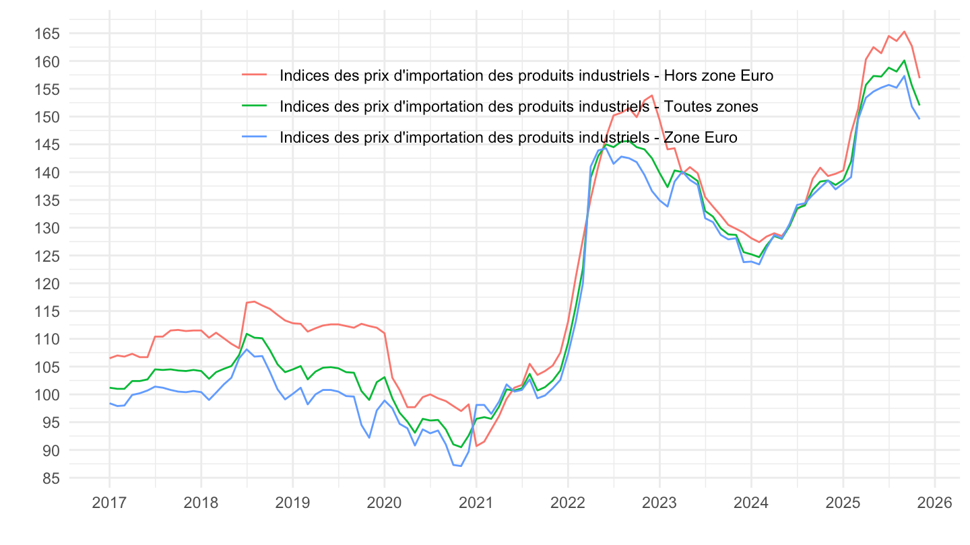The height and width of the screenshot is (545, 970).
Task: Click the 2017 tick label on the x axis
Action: pos(109,503)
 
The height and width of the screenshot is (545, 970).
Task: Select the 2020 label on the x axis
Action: pos(385,503)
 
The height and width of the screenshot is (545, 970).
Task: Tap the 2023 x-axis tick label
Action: pos(659,503)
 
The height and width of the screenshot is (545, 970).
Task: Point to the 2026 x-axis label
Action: pos(934,503)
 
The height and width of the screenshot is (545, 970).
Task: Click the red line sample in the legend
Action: pos(255,75)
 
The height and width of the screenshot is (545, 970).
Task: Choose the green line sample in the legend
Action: pos(255,106)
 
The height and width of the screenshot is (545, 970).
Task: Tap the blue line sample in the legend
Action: pos(255,137)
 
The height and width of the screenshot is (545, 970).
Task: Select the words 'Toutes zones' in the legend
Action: pos(711,106)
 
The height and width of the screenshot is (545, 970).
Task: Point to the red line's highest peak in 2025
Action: pos(904,31)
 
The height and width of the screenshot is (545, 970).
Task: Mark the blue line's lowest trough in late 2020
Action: pos(461,466)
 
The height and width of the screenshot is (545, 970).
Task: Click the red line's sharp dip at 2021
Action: pos(476,446)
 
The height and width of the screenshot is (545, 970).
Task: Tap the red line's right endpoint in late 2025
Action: pos(919,77)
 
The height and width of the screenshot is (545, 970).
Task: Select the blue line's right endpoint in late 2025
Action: pos(919,118)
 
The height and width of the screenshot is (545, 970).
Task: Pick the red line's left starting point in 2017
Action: pos(110,358)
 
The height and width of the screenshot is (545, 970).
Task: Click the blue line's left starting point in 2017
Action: pos(110,403)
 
